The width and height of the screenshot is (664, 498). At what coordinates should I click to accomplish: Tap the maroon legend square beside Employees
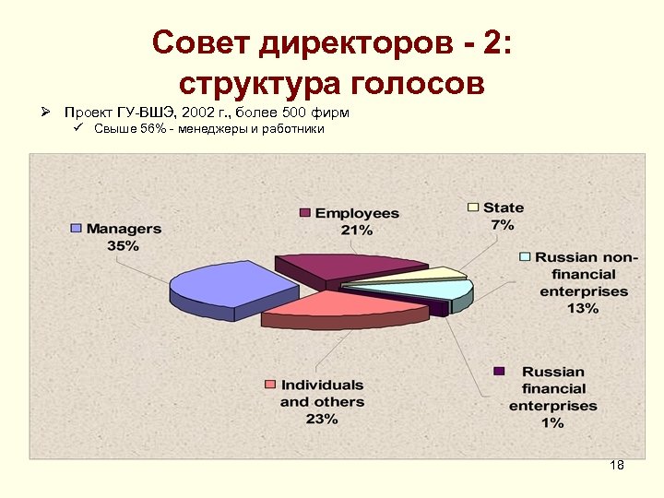pos(304,213)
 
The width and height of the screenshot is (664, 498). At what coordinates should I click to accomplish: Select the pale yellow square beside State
pos(473,207)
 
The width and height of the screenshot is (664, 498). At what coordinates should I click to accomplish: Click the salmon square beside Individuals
pos(270,384)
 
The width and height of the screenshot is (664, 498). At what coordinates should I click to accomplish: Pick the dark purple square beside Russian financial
pos(499,371)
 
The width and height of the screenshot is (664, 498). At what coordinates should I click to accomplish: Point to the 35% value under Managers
pos(123,245)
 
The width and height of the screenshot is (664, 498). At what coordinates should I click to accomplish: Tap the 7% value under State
pos(503,224)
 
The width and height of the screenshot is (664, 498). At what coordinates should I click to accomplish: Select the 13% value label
pos(583,308)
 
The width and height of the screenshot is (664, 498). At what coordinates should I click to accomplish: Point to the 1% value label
pos(552,422)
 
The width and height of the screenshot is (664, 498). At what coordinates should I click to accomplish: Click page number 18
pos(617,465)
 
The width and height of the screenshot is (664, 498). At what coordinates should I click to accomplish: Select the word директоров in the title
pos(362,42)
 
